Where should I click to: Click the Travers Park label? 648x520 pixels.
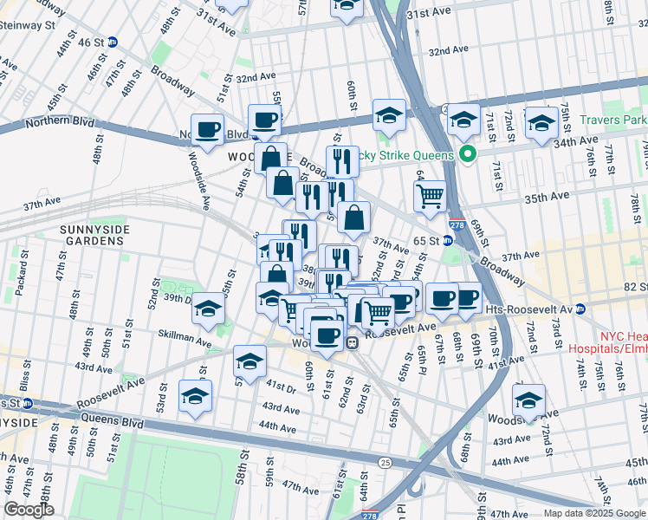(614, 120)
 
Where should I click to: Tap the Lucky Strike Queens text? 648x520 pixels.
(405, 156)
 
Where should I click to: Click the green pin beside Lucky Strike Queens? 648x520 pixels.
(469, 155)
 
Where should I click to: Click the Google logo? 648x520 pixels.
(29, 510)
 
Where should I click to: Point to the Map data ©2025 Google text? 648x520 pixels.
(594, 513)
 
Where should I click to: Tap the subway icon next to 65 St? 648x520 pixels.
(448, 240)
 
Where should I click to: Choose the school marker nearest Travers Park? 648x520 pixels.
(541, 123)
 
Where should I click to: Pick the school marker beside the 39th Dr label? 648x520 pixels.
(207, 309)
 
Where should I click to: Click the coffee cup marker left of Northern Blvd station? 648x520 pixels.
(207, 130)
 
